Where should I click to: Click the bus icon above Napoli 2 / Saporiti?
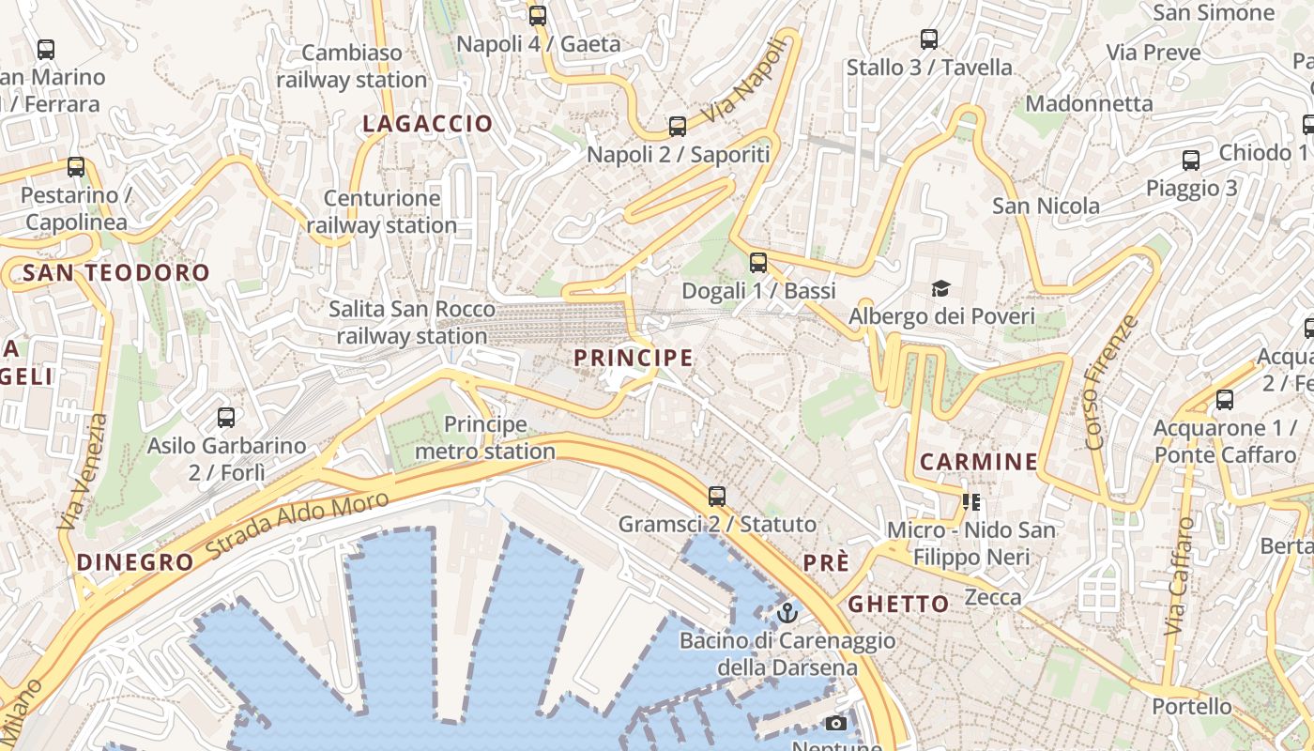pos(677,127)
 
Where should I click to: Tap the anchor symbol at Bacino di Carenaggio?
pos(787,614)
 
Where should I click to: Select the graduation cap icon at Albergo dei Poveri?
pos(940,288)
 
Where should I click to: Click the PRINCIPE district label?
pos(634,358)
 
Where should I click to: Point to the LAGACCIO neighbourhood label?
pos(427,123)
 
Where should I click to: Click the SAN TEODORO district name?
pos(116,273)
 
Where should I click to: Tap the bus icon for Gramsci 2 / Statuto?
pos(717,496)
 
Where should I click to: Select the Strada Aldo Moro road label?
pos(297,527)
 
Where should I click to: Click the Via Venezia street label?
pos(84,472)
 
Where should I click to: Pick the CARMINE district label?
pos(979,462)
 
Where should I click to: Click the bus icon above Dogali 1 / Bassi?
pos(758,263)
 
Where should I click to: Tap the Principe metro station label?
pos(485,437)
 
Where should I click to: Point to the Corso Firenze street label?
pos(1110,382)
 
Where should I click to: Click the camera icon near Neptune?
pos(835,723)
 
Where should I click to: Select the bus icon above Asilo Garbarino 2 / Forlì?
pos(226,418)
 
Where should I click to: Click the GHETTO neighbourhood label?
pos(899,604)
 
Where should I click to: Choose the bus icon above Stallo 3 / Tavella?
pos(929,39)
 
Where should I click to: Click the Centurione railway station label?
pos(381,211)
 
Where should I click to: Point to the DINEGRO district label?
pos(135,562)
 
